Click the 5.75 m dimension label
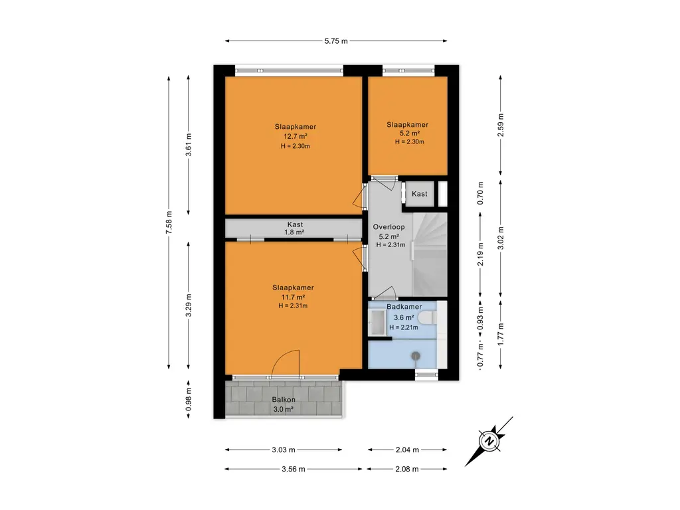point(336,41)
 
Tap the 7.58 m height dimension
point(169,222)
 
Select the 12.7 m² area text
point(296,136)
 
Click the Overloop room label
point(389,227)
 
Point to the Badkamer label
point(404,307)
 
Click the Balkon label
point(284,400)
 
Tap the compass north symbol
point(489,442)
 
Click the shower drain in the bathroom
point(416,357)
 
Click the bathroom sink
point(376,322)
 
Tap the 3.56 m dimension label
point(293,469)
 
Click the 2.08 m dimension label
point(407,469)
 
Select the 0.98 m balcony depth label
point(189,399)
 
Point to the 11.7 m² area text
point(293,297)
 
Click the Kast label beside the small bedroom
point(420,194)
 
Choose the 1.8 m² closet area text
point(294,232)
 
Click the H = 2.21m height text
point(404,327)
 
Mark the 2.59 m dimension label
point(501,126)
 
